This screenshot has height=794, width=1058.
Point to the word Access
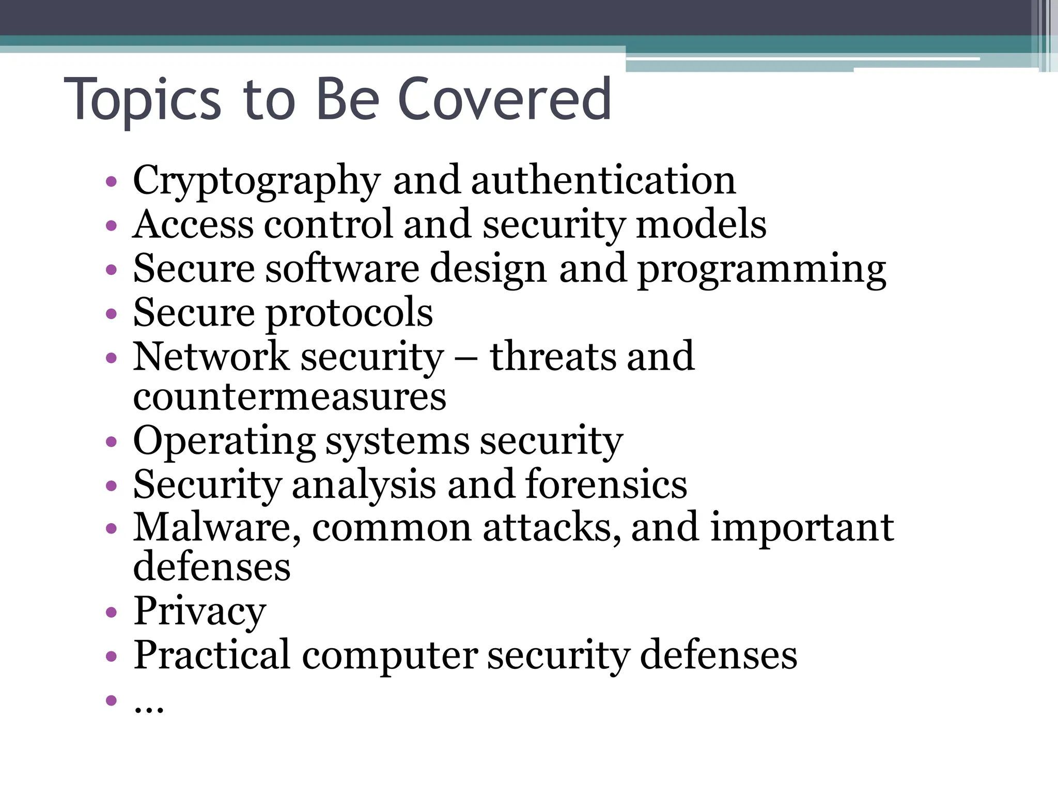[193, 224]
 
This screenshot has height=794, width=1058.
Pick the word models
[701, 224]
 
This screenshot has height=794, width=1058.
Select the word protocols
[349, 313]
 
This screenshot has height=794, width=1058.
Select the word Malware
[217, 528]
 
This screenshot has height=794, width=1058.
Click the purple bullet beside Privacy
[111, 613]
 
